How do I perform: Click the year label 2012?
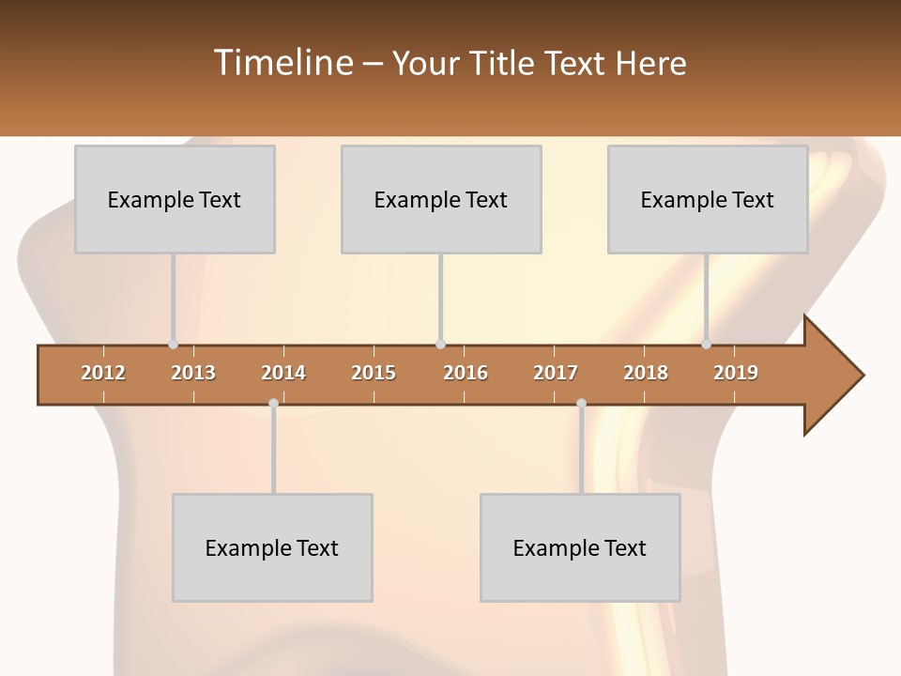(103, 373)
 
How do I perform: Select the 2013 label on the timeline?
(193, 373)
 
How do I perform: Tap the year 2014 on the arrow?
(283, 373)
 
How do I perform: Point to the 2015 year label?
(374, 373)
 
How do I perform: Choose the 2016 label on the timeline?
(466, 373)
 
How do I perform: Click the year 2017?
(556, 373)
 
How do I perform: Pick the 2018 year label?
(646, 373)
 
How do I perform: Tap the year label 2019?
(736, 373)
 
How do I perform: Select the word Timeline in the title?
(282, 63)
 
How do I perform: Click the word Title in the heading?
(503, 63)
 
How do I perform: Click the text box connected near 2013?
(175, 199)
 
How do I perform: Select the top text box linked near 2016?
(441, 199)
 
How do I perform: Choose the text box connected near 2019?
(708, 199)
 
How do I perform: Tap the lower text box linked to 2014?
(272, 547)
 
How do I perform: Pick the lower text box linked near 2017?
(580, 547)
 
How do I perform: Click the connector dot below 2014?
(273, 403)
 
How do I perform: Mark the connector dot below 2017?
(581, 403)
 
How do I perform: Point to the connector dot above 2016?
(440, 345)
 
